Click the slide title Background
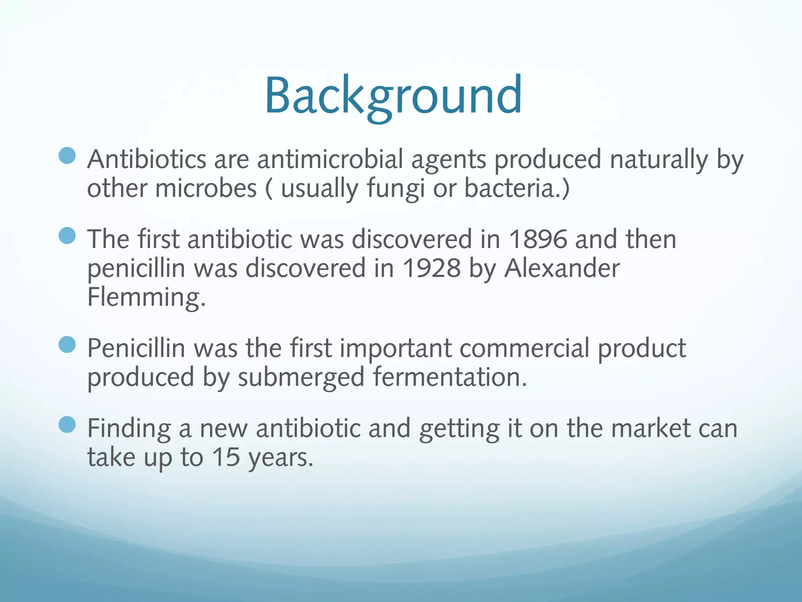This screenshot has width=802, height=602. [x=393, y=96]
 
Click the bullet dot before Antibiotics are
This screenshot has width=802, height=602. [x=67, y=156]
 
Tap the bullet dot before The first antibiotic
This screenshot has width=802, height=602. [x=67, y=236]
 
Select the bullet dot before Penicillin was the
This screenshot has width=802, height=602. [x=67, y=345]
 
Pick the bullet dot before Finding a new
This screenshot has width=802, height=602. [x=67, y=424]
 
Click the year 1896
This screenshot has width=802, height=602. [x=538, y=239]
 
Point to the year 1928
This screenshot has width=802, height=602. [x=432, y=268]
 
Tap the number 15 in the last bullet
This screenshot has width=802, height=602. [x=226, y=457]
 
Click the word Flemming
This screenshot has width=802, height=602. [x=146, y=297]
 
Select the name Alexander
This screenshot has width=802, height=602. [x=562, y=268]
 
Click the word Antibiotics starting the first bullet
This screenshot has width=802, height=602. [x=146, y=160]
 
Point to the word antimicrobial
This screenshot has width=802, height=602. [x=330, y=160]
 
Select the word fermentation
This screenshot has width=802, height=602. [x=450, y=377]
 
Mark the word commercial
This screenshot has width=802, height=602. [x=524, y=348]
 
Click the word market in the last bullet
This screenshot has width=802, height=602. [x=650, y=428]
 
